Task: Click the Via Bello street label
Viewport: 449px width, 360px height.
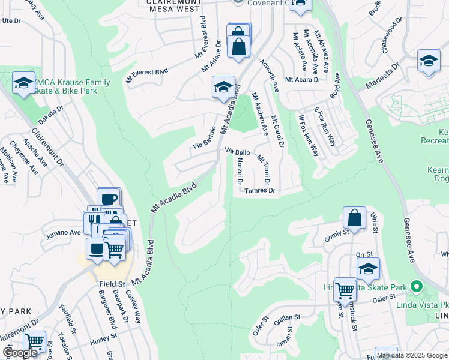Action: [237, 152]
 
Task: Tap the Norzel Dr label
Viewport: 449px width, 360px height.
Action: [240, 172]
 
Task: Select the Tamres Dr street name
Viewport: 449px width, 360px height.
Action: [259, 191]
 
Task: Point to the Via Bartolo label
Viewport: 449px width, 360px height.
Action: [204, 137]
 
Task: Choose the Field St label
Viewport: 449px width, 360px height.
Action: [112, 283]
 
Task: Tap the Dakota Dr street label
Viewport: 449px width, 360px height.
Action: [51, 112]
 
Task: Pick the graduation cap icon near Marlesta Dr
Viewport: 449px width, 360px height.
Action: [429, 61]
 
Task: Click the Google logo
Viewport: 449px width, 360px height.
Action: [20, 353]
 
